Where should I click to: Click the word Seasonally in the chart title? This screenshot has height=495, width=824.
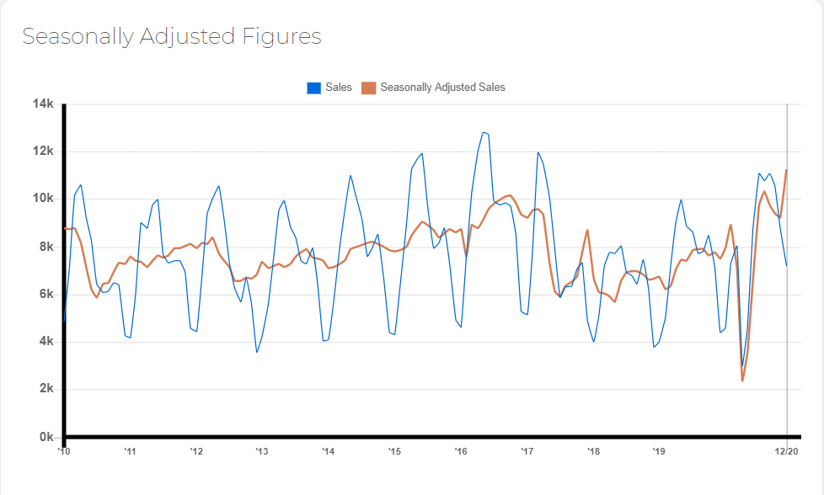click(x=78, y=37)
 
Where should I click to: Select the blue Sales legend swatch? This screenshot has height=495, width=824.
click(x=313, y=88)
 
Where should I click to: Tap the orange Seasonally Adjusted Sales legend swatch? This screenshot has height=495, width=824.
click(x=369, y=88)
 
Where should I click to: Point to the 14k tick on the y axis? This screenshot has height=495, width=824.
click(x=43, y=104)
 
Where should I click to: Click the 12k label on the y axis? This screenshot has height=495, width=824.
click(x=43, y=152)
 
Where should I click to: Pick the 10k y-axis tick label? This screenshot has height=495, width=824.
click(x=43, y=199)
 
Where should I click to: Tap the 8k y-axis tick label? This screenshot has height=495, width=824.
click(x=46, y=247)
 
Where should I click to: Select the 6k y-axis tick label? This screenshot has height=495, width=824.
click(x=46, y=294)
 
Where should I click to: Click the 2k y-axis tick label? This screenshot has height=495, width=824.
click(x=46, y=388)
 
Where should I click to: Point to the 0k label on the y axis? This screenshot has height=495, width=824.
click(x=46, y=437)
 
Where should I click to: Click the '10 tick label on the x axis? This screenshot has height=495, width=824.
click(x=63, y=451)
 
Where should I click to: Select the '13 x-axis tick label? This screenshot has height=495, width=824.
click(x=262, y=451)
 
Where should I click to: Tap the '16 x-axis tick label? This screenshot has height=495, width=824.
click(x=461, y=451)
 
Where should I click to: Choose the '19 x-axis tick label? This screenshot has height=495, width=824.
click(x=659, y=451)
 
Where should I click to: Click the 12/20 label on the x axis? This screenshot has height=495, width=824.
click(x=787, y=451)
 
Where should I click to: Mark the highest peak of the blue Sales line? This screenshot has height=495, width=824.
click(x=484, y=132)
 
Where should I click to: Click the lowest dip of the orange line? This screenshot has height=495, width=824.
click(x=742, y=381)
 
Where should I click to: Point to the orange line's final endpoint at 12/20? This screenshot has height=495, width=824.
click(x=787, y=170)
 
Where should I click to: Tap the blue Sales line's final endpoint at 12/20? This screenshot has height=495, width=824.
click(x=787, y=266)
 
